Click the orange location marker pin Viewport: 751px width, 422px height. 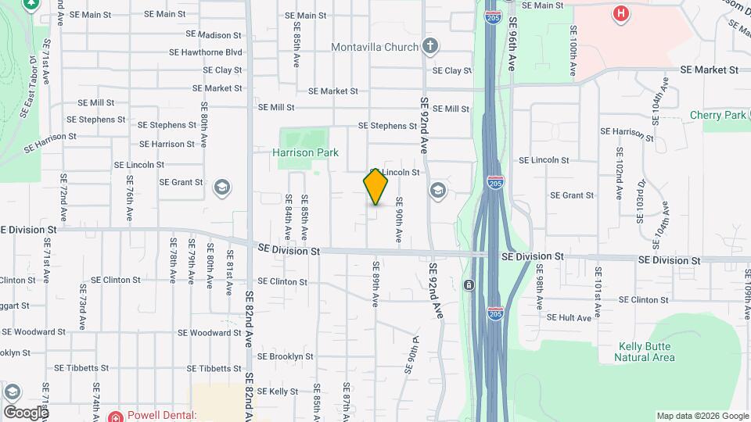(375, 187)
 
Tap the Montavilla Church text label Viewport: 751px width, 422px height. (375, 47)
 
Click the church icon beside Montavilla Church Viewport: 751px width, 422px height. (429, 45)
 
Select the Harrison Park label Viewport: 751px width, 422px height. (305, 152)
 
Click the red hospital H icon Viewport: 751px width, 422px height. (621, 13)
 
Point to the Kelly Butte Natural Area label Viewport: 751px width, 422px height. (645, 352)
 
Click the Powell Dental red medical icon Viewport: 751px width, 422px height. (115, 417)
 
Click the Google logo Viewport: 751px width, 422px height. (25, 412)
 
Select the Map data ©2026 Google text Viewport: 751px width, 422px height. (702, 416)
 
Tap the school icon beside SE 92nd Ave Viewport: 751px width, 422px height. (437, 190)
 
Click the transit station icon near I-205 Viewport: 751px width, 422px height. (468, 284)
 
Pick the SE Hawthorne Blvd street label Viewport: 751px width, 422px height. (206, 52)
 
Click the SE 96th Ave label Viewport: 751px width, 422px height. (513, 45)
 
